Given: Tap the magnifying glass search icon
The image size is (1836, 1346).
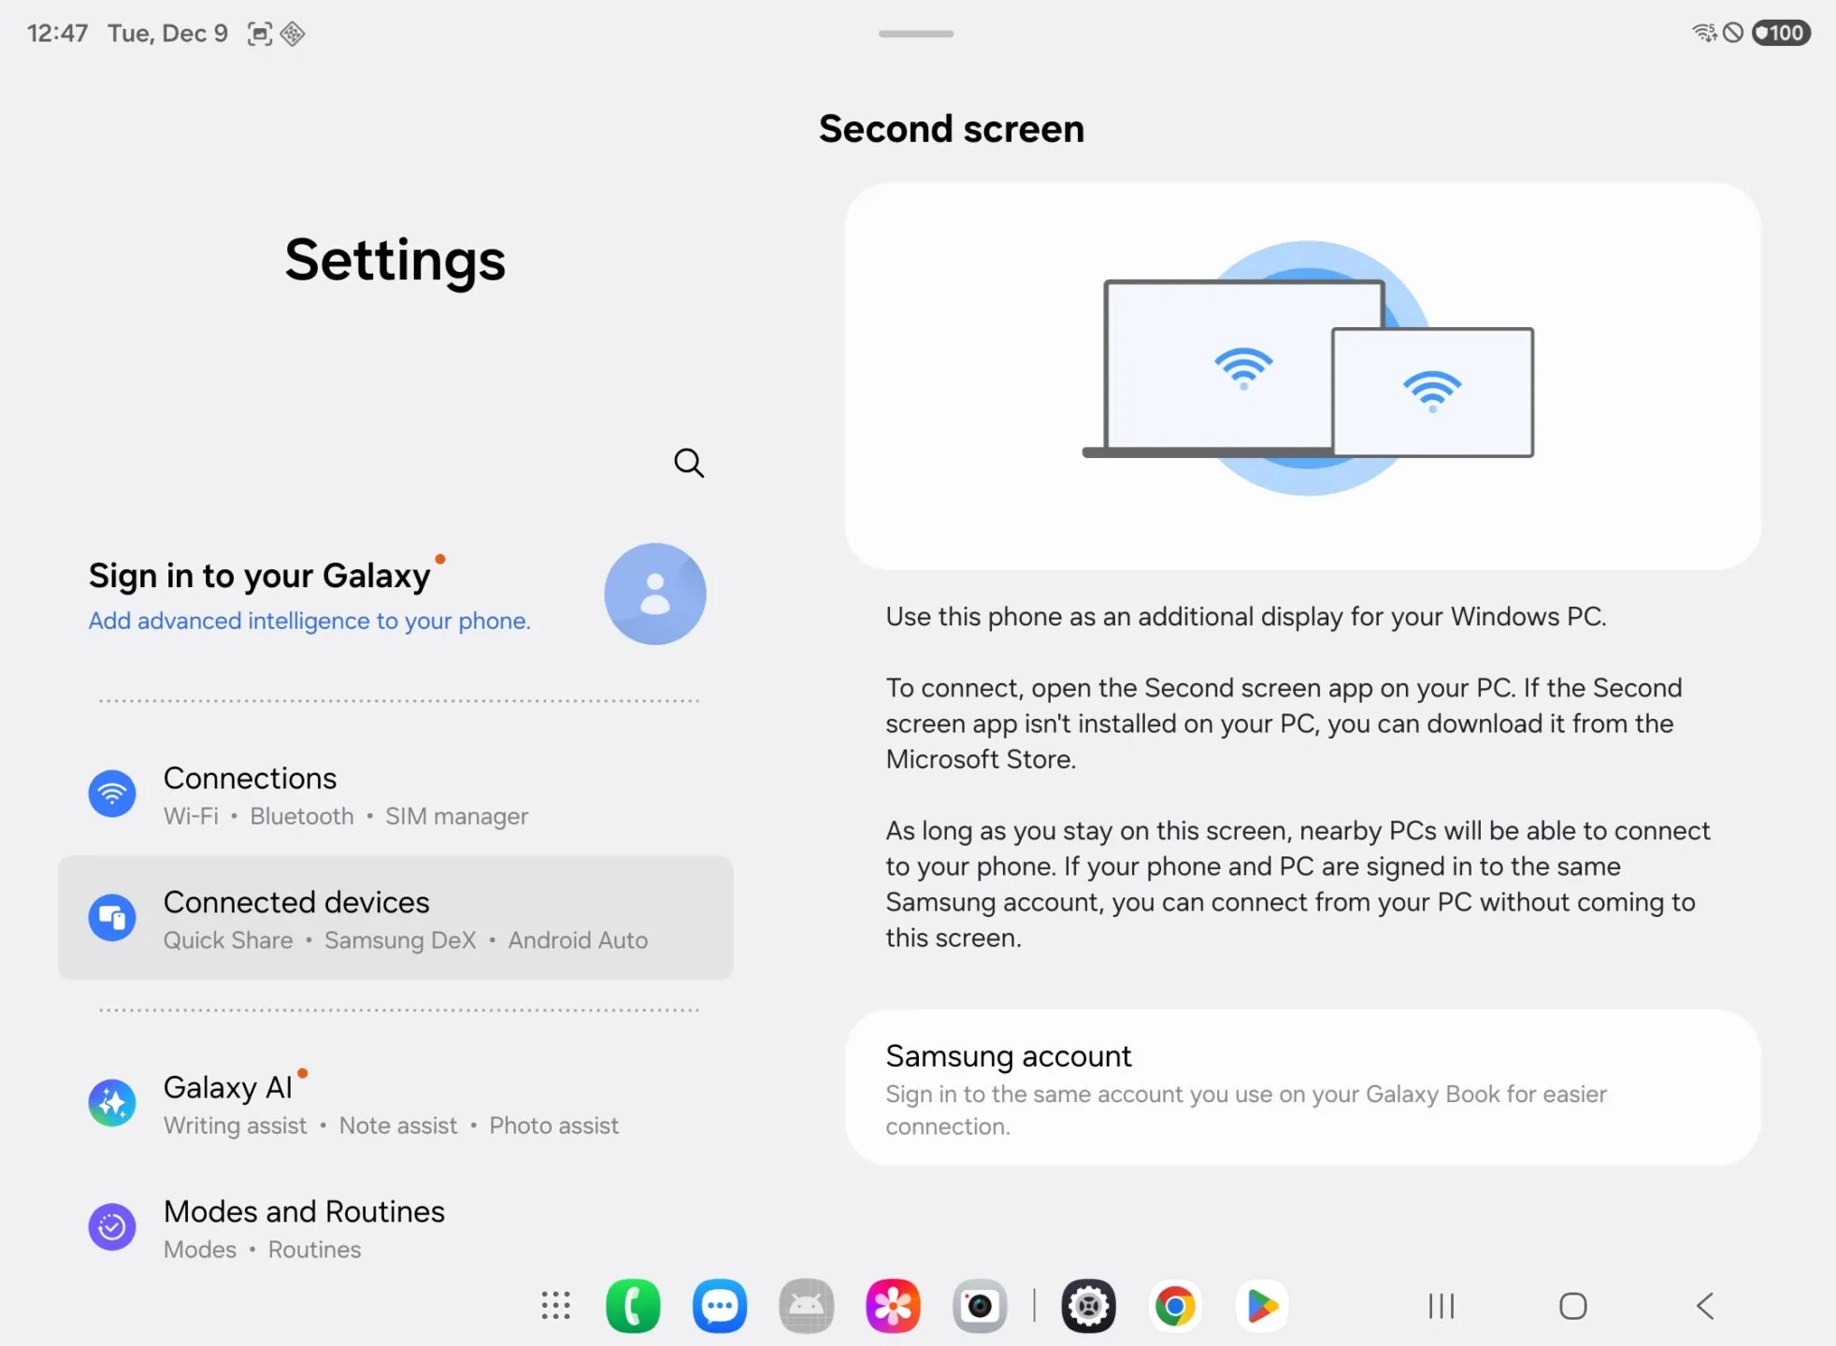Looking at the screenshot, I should [x=689, y=463].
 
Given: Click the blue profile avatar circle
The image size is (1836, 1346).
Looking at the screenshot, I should [x=654, y=594].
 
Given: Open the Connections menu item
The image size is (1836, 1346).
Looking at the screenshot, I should [x=251, y=779].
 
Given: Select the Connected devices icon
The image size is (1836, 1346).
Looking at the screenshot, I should [x=112, y=917].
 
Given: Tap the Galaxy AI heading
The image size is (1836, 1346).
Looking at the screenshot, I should [x=228, y=1088].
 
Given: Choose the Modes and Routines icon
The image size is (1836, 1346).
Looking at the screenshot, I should [x=112, y=1226].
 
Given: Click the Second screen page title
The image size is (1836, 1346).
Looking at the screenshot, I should [x=952, y=129].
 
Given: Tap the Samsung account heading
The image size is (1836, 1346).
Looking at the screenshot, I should [x=1009, y=1056].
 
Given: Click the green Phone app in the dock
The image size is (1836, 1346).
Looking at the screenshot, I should [x=633, y=1306].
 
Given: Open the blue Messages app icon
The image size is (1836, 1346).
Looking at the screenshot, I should [x=720, y=1306].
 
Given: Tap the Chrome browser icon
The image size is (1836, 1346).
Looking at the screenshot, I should [x=1175, y=1306].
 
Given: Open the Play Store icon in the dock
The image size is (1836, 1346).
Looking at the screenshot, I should [x=1262, y=1306].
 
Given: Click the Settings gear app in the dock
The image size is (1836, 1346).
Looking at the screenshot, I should [x=1089, y=1306].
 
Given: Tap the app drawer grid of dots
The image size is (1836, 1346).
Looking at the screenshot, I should [x=555, y=1306].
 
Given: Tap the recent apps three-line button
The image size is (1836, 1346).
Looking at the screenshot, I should [x=1442, y=1306].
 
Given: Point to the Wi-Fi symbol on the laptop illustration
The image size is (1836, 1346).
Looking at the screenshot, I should [x=1243, y=367].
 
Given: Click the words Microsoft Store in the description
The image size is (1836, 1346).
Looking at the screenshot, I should [x=980, y=759].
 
